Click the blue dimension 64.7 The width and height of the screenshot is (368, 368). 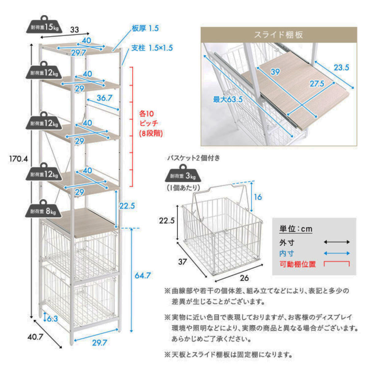(143, 275)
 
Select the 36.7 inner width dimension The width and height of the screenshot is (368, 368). (105, 98)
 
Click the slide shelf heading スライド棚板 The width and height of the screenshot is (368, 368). (278, 35)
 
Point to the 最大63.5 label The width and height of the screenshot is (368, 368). (228, 99)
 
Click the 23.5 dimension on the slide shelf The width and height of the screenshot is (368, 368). (341, 67)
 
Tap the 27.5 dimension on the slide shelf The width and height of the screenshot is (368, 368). (317, 83)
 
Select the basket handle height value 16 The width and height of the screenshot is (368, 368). (258, 197)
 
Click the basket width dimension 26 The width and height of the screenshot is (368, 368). (244, 278)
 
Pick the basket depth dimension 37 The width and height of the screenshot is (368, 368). (182, 262)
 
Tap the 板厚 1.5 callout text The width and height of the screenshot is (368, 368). (145, 29)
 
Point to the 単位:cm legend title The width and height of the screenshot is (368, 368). (296, 229)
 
